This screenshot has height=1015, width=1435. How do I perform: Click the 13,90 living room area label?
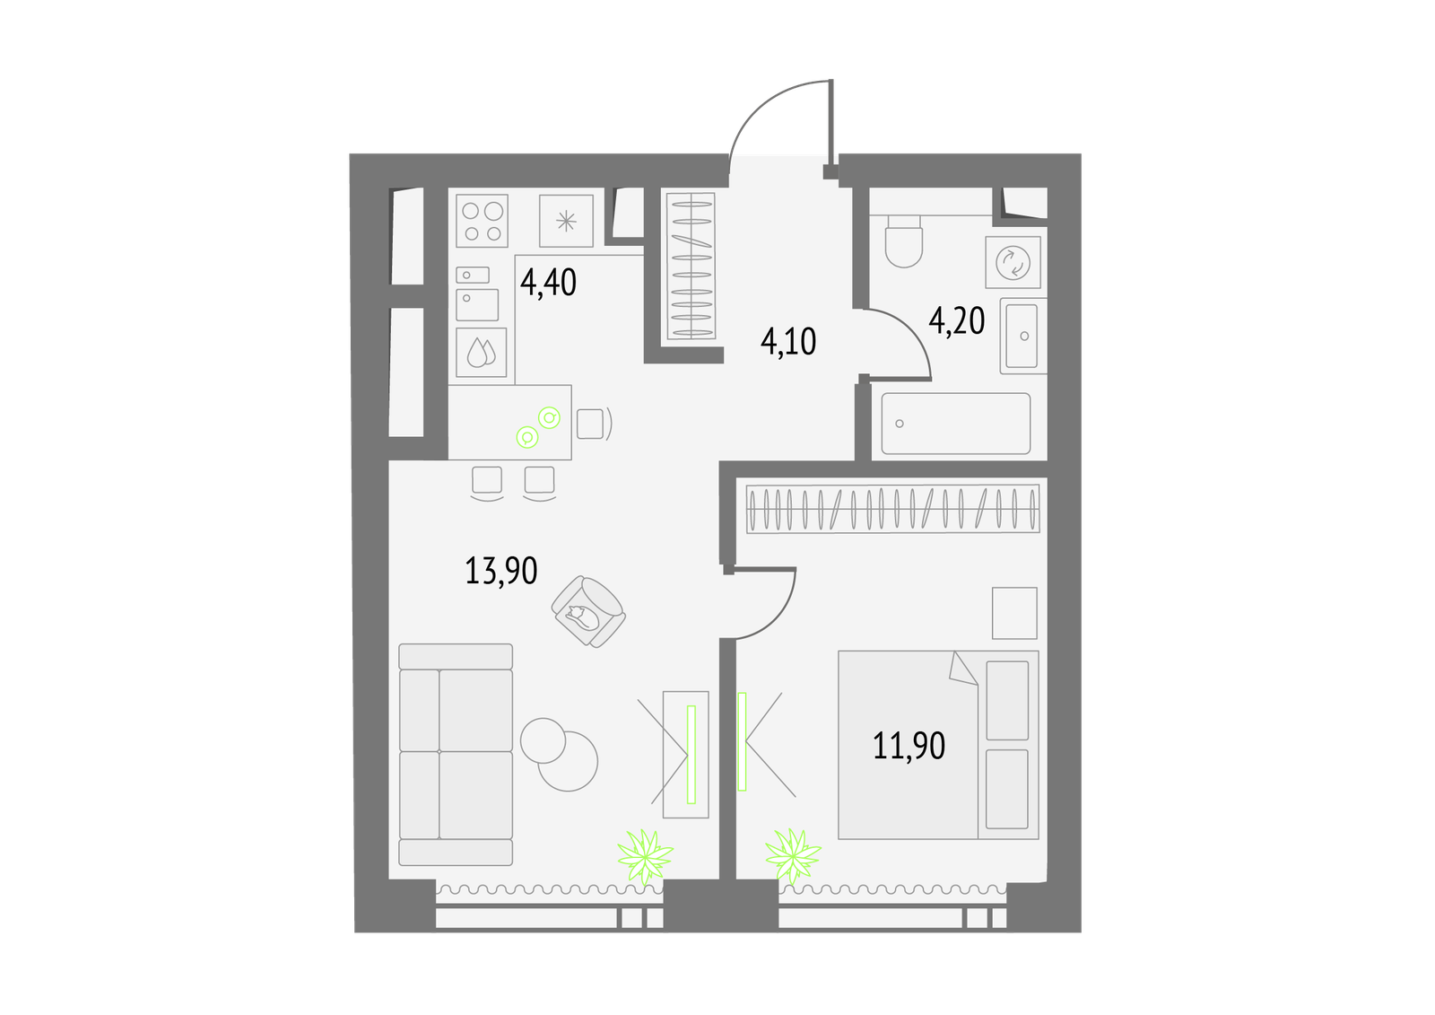501,571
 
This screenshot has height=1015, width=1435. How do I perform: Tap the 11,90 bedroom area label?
909,746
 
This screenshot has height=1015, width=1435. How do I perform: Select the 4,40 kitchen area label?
548,283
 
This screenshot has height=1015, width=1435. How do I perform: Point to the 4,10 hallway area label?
788,341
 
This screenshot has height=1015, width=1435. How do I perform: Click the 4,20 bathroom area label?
956,321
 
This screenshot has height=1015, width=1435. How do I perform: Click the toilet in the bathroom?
904,241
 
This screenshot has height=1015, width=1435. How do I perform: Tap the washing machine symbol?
1013,262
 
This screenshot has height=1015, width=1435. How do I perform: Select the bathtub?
956,424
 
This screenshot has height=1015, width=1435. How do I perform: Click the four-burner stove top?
482,221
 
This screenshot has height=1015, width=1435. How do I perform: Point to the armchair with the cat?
588,612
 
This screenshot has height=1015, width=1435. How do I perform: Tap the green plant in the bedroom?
793,856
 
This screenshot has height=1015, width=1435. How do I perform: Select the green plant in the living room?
645,856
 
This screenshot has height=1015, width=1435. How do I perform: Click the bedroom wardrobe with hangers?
893,508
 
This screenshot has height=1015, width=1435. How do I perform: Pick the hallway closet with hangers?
691,267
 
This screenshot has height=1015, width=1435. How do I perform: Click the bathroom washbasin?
1023,336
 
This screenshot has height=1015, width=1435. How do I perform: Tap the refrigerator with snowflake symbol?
566,221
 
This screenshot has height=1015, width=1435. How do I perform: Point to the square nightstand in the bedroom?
1014,613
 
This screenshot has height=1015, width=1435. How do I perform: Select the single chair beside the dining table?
593,424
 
